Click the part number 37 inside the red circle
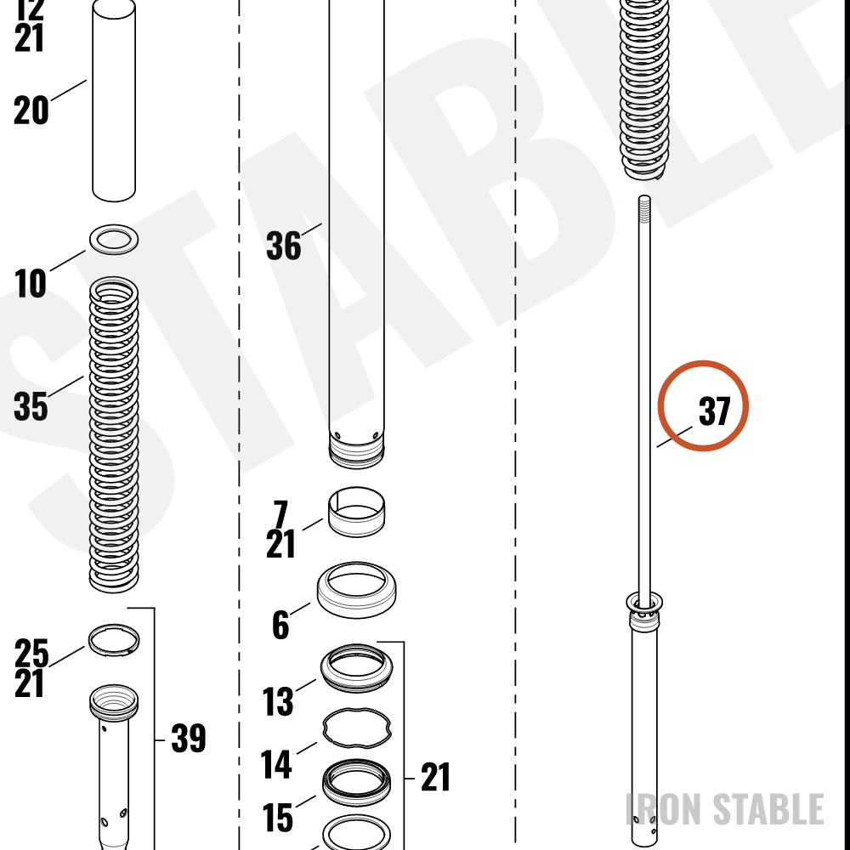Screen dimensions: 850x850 coord(715,411)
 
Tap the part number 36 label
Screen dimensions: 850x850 coord(284,246)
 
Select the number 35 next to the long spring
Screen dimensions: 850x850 coord(31,406)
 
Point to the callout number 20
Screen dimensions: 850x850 coord(31,110)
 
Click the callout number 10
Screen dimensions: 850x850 coord(31,284)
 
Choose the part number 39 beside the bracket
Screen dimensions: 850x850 coord(189,738)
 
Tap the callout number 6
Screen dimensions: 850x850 coord(280,625)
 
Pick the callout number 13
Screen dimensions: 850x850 coord(278,701)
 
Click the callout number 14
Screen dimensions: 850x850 coord(276,764)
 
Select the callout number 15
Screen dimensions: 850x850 coord(278,818)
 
